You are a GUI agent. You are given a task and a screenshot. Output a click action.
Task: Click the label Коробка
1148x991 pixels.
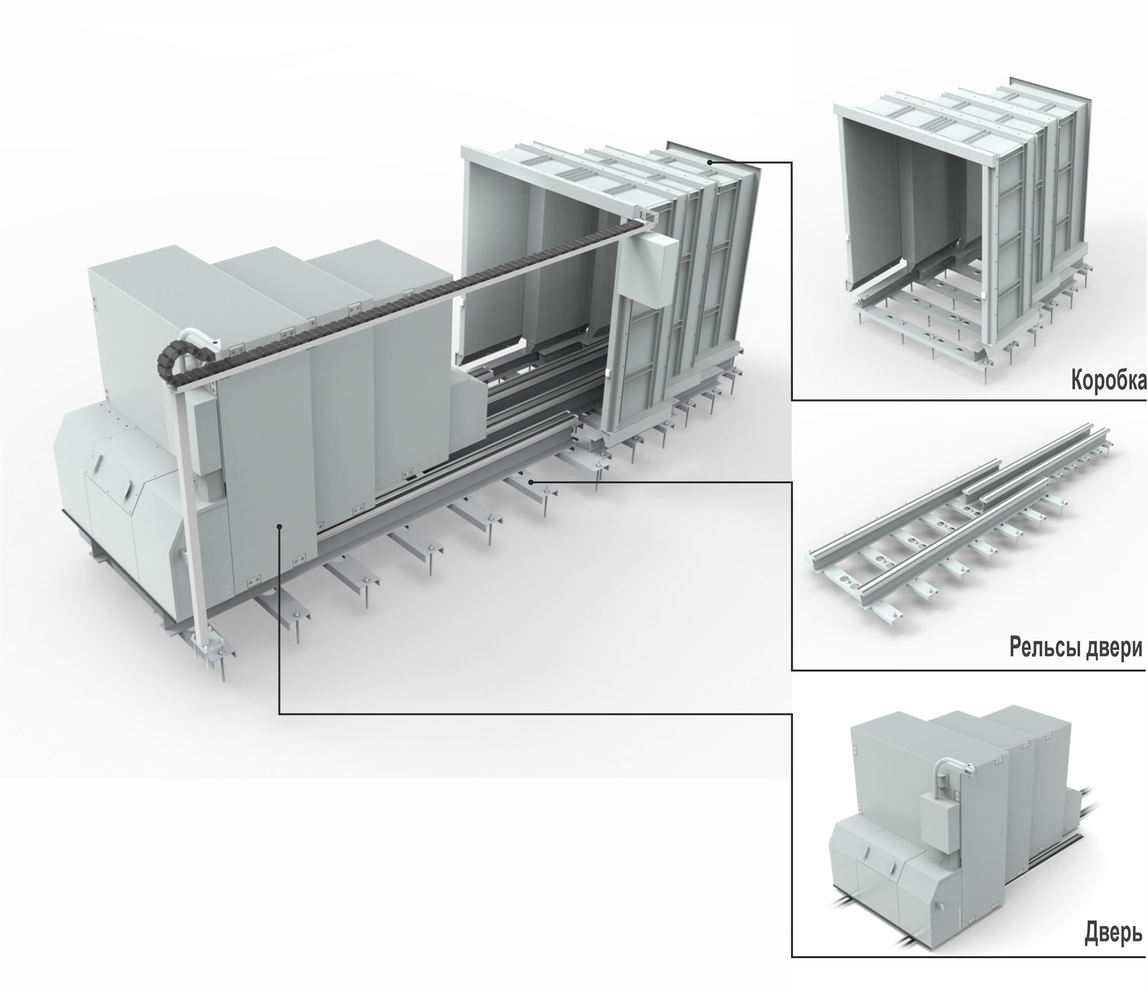tap(1108, 381)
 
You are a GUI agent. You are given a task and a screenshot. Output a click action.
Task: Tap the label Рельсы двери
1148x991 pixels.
tap(1076, 648)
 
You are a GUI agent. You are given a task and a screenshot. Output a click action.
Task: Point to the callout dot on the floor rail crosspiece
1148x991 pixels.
tap(531, 481)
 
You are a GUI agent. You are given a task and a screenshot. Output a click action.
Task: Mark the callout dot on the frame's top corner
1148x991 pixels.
tap(711, 163)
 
